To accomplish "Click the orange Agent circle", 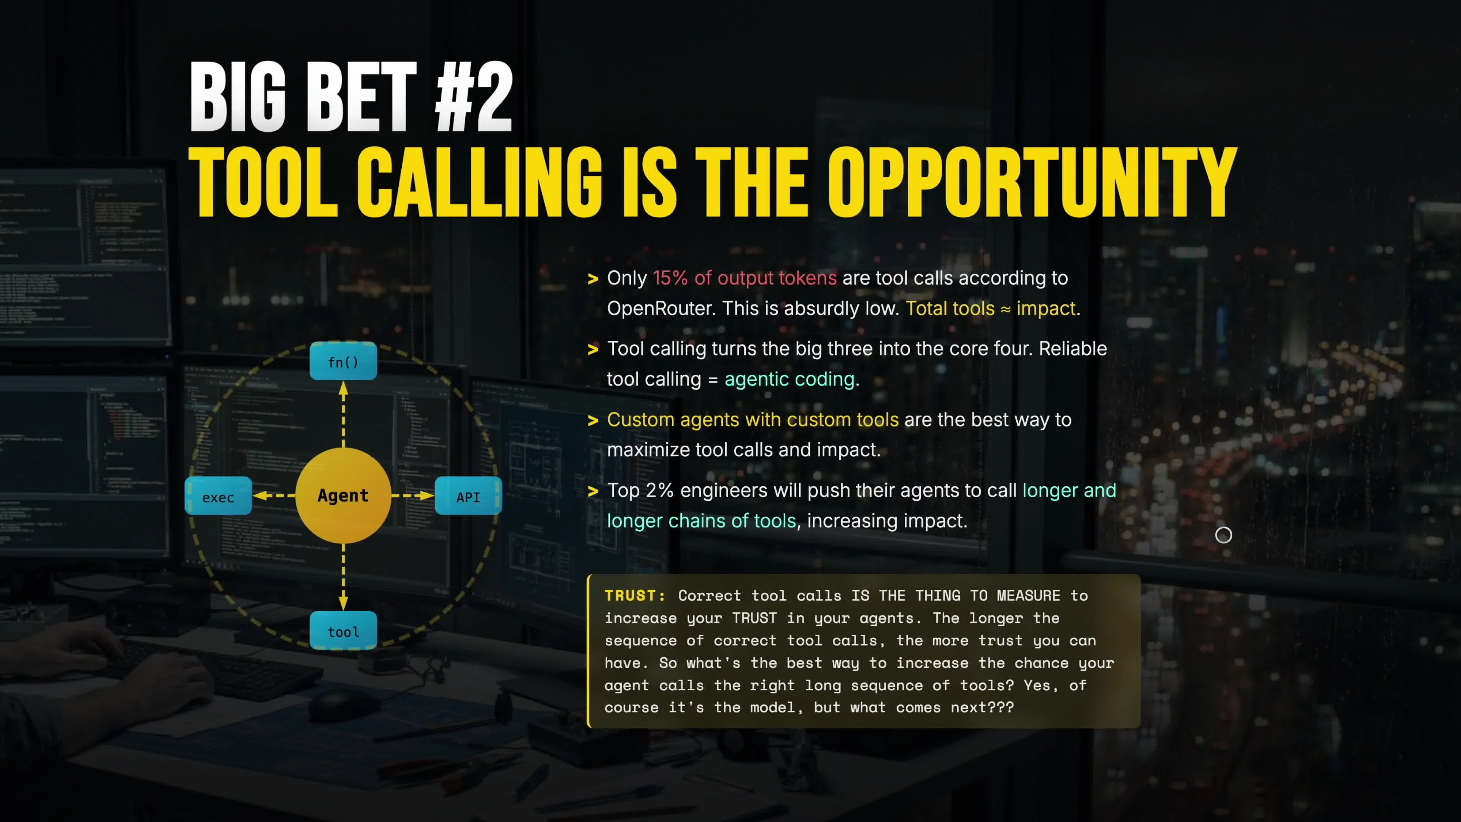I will [343, 495].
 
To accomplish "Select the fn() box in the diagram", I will [343, 362].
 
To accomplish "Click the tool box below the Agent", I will [343, 631].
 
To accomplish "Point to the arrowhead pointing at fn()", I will [343, 389].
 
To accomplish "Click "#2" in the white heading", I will [474, 97].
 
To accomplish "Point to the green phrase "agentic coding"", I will [789, 379].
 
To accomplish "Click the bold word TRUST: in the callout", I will [635, 596].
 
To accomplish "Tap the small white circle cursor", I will [1223, 535].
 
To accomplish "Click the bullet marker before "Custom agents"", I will [593, 421].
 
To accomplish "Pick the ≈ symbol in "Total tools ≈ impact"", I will [1006, 309].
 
